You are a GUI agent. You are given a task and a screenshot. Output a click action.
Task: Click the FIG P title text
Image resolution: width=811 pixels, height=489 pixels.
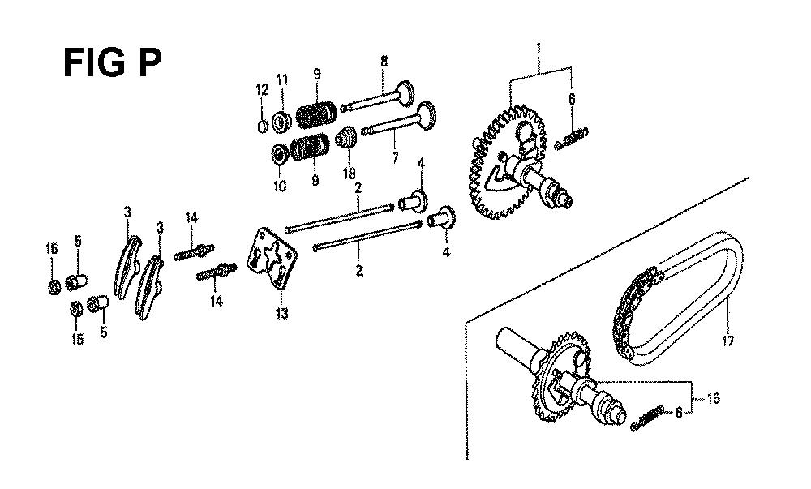click(112, 62)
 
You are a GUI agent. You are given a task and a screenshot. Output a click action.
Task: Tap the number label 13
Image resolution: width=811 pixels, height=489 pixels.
click(282, 314)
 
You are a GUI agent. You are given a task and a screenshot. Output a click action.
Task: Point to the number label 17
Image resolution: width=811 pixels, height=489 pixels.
click(727, 341)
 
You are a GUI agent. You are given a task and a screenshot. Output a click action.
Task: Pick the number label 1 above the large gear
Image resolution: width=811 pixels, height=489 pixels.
click(539, 49)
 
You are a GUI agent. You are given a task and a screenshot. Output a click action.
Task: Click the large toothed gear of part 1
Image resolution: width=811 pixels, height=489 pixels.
click(507, 161)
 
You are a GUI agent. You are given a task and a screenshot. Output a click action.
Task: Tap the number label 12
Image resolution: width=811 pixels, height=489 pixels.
click(263, 91)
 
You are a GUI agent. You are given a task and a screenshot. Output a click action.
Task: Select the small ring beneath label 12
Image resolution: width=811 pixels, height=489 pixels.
click(263, 126)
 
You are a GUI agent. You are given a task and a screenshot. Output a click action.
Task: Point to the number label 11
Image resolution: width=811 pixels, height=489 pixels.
click(282, 80)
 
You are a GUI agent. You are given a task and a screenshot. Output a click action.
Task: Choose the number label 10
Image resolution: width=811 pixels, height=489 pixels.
click(280, 186)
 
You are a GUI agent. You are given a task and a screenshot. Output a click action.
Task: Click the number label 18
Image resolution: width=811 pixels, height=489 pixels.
click(350, 174)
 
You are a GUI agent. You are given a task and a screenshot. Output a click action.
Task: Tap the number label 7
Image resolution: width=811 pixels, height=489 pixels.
click(395, 157)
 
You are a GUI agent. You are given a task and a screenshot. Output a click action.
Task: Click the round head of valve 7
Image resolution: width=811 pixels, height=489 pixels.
click(427, 114)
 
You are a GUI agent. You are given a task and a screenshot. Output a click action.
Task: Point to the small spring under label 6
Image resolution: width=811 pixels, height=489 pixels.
click(571, 139)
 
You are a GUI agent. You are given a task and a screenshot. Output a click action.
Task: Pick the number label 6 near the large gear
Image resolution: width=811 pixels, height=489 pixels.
click(572, 99)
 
